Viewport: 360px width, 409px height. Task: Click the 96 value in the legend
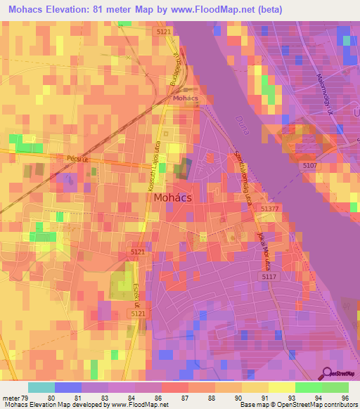(345, 397)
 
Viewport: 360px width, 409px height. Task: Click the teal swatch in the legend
(41, 387)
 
